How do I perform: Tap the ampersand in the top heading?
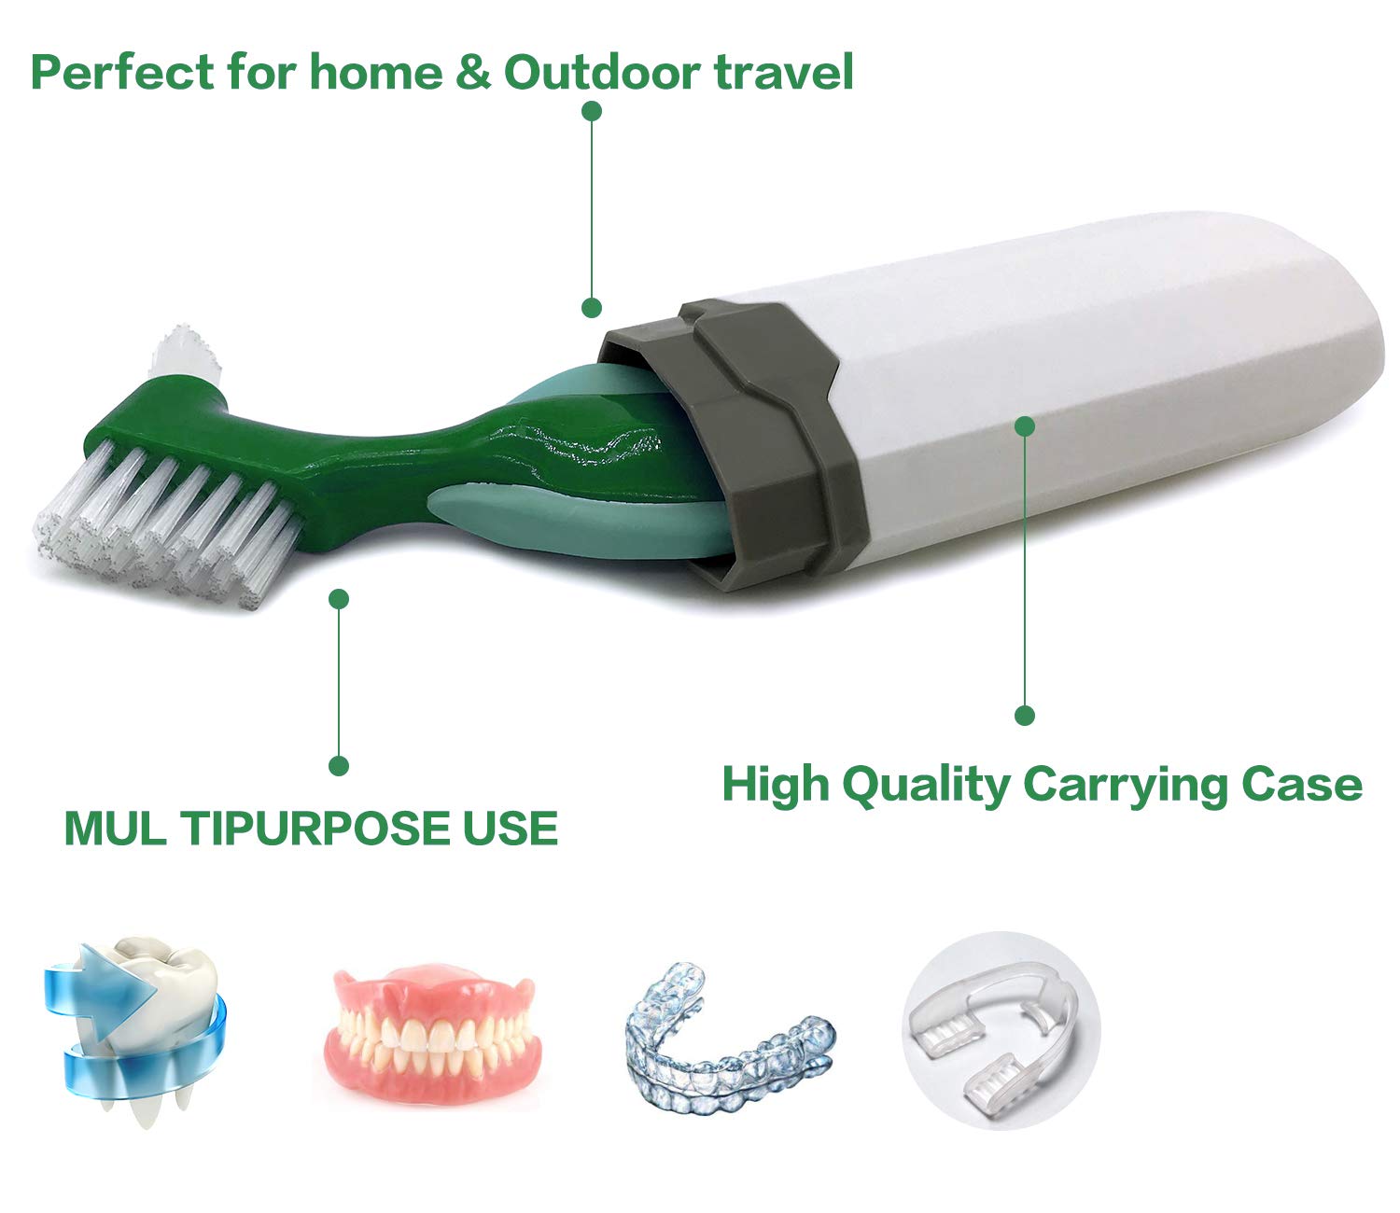click(473, 72)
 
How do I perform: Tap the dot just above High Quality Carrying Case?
click(1025, 716)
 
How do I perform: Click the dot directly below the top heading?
click(591, 111)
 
